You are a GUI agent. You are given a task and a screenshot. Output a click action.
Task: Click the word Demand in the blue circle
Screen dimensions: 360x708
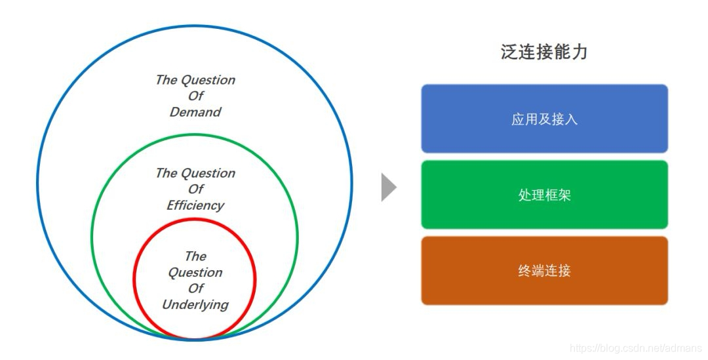195,112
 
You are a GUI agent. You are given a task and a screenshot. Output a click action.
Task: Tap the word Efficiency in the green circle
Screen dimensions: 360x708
195,205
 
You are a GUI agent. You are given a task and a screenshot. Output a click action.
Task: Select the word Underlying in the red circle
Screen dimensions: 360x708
195,304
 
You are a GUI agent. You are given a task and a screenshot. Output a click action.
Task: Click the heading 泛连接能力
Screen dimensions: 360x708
544,52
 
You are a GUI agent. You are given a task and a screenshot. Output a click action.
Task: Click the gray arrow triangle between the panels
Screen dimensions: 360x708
389,188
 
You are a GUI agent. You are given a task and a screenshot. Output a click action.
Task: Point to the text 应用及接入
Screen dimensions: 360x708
544,119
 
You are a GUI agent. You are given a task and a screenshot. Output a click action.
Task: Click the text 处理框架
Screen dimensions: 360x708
544,195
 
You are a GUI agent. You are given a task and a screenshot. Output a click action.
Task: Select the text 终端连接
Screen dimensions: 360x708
544,271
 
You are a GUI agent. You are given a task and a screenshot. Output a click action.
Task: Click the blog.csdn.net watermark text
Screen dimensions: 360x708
635,348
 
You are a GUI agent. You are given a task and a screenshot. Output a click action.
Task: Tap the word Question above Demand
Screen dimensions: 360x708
208,80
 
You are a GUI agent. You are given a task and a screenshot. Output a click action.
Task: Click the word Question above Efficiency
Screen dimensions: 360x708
208,173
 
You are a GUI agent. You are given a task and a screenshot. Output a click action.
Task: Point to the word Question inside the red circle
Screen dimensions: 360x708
195,272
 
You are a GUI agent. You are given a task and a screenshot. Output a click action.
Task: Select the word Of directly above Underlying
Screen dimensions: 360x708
195,289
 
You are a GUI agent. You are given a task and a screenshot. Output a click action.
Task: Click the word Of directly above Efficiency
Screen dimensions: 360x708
195,190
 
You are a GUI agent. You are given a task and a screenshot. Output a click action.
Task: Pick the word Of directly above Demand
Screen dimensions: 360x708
195,96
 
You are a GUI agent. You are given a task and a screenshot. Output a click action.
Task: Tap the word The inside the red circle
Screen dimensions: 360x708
195,256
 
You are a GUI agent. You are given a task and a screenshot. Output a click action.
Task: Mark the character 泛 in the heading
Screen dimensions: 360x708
509,52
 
